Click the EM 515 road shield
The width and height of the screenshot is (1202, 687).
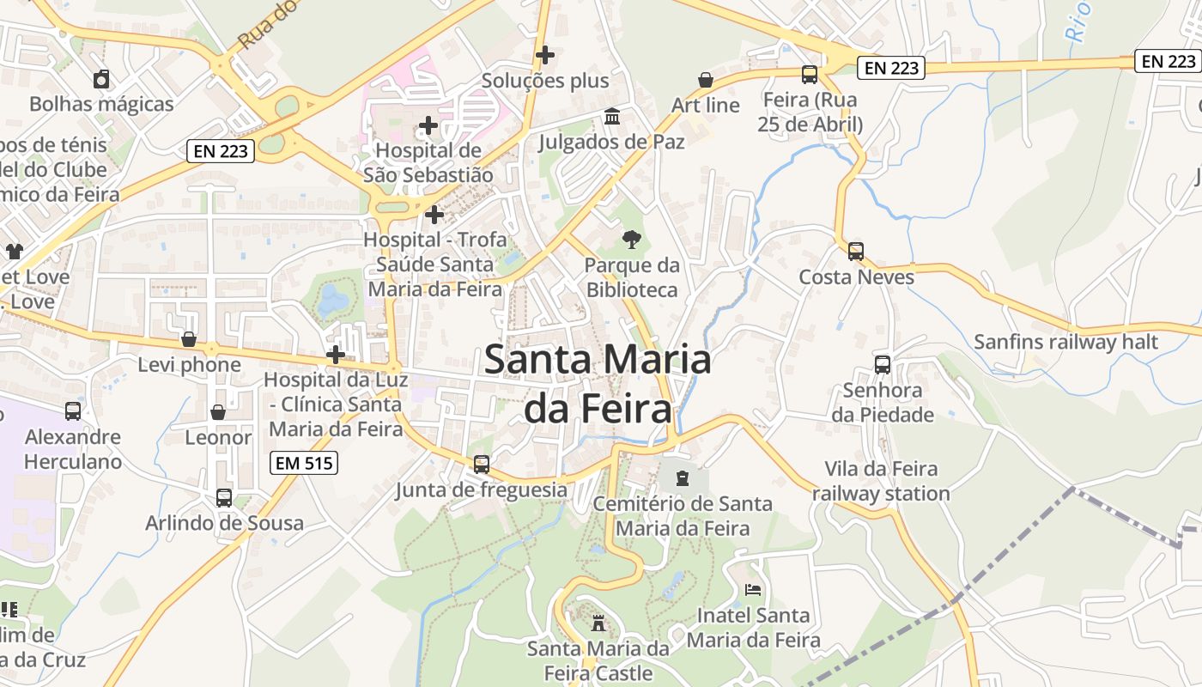pos(304,464)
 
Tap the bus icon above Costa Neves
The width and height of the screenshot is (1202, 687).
pos(855,252)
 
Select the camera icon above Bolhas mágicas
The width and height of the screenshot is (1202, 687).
pos(101,80)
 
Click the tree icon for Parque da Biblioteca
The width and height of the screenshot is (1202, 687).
pos(632,239)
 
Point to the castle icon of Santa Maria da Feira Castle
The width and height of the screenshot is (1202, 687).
pos(598,623)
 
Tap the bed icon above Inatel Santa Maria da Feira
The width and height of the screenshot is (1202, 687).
pos(753,590)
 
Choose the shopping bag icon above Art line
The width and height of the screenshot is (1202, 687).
pos(705,80)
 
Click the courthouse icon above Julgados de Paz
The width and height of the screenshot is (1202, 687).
pos(612,116)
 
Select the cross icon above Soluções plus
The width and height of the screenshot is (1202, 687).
pos(544,55)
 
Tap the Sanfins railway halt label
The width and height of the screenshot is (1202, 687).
pos(1065,342)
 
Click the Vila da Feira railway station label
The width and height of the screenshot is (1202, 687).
pos(881,481)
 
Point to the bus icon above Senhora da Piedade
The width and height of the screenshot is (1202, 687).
pos(882,364)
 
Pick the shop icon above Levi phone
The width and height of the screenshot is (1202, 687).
pos(189,339)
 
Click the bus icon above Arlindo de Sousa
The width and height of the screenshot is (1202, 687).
pos(224,497)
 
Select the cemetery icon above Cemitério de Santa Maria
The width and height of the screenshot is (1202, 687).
pos(683,477)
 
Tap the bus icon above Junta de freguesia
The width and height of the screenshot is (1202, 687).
pos(482,465)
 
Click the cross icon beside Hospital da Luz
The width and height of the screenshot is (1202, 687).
pos(336,354)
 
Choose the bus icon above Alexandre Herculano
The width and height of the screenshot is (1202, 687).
pos(73,411)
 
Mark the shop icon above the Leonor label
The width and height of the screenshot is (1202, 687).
pos(218,412)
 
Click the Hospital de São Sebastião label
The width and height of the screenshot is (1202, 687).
pos(428,162)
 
